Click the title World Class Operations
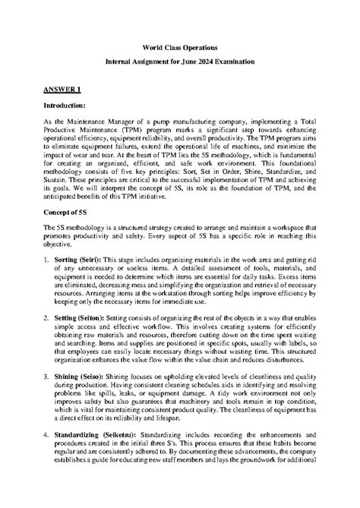click(x=179, y=46)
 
